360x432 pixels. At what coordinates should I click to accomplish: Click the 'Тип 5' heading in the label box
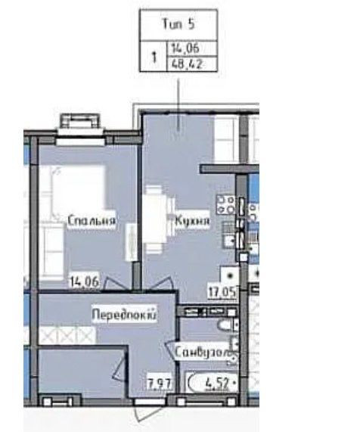[178, 25]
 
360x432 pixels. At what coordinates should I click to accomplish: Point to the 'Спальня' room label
[91, 221]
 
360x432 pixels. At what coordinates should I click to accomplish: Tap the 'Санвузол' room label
[201, 353]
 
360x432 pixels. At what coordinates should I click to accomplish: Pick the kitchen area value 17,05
[222, 288]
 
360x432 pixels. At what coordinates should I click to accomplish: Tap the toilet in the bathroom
[225, 326]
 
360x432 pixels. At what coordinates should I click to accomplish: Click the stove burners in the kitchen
[225, 204]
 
